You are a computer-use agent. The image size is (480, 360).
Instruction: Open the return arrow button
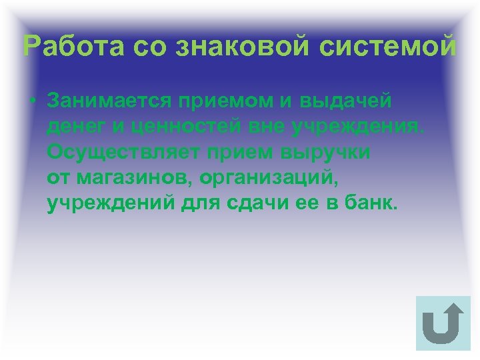pos(443,324)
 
